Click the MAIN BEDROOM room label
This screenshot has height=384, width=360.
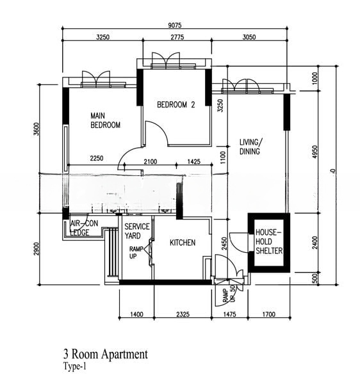105,120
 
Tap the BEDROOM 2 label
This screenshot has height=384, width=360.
176,105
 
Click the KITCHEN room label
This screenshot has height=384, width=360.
182,243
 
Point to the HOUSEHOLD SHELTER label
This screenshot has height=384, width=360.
270,241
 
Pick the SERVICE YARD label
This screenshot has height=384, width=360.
136,231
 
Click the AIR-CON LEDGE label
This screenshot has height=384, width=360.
83,228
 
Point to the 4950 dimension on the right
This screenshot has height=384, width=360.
323,154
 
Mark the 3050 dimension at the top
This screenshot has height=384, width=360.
249,38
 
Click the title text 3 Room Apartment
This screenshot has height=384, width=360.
105,354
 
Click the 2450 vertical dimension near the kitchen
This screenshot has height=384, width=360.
225,244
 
